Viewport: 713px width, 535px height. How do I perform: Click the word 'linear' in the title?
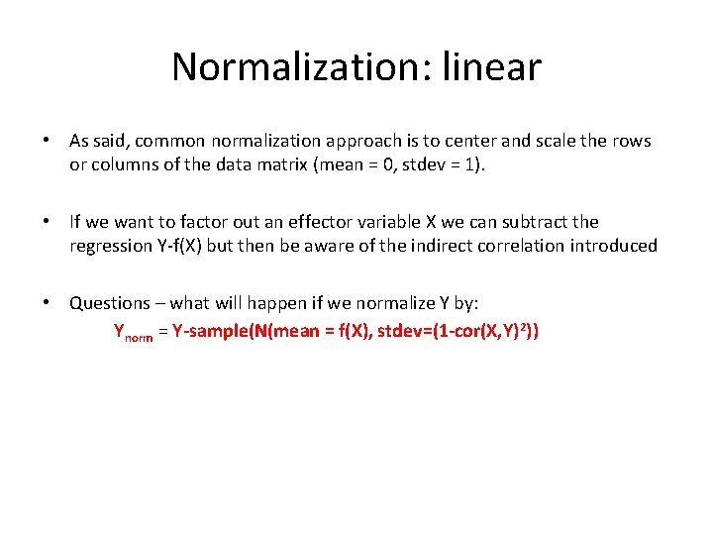tap(492, 67)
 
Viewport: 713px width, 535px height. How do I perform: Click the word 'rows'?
tap(631, 141)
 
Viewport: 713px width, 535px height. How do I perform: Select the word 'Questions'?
tap(109, 303)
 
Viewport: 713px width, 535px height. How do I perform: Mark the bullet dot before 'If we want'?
tap(47, 222)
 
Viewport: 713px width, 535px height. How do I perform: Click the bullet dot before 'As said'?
tap(47, 141)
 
